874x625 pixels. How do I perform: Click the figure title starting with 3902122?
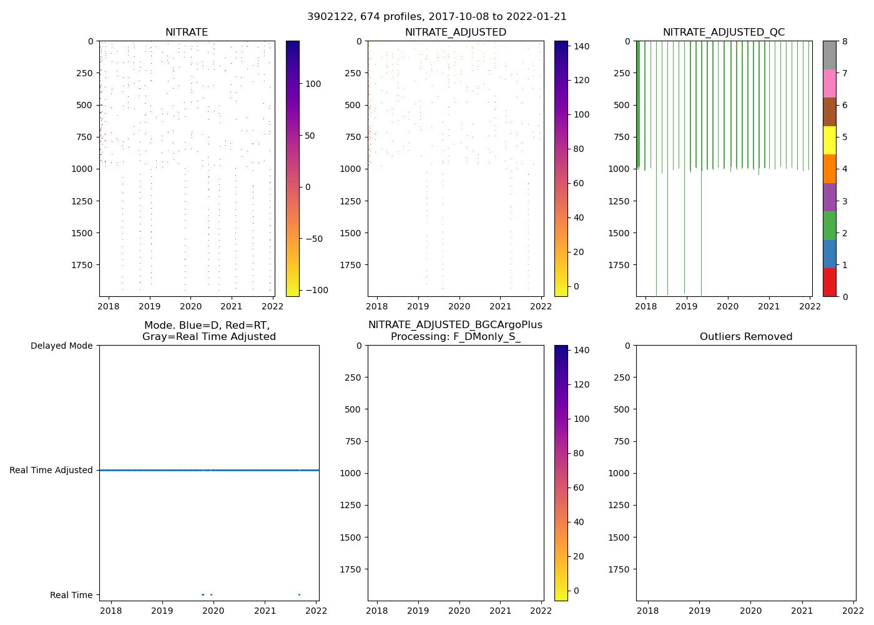pyautogui.click(x=437, y=17)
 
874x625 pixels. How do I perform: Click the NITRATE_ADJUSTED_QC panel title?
pyautogui.click(x=724, y=32)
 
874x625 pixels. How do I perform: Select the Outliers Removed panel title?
pyautogui.click(x=746, y=337)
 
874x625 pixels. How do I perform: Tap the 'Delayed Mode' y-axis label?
pyautogui.click(x=61, y=346)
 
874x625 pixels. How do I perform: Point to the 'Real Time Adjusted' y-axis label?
pyautogui.click(x=51, y=470)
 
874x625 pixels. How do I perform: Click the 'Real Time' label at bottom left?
pyautogui.click(x=71, y=595)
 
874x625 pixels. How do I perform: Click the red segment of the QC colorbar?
pyautogui.click(x=829, y=282)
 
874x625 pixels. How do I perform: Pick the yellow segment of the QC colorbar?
pyautogui.click(x=829, y=140)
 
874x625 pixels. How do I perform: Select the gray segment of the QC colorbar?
pyautogui.click(x=829, y=55)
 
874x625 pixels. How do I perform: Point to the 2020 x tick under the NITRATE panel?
pyautogui.click(x=190, y=307)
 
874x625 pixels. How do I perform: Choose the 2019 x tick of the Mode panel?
pyautogui.click(x=162, y=611)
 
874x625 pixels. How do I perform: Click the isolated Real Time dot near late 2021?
pyautogui.click(x=299, y=594)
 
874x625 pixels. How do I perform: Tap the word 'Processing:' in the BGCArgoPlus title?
pyautogui.click(x=418, y=337)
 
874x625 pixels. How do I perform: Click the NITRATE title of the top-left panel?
pyautogui.click(x=187, y=32)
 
